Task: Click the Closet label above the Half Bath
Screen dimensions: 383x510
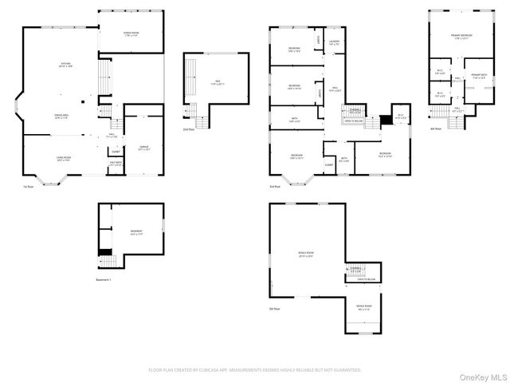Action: coord(116,152)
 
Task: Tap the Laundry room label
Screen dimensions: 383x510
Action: coord(334,43)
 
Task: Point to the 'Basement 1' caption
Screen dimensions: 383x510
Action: coord(104,280)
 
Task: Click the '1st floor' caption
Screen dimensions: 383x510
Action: coord(29,187)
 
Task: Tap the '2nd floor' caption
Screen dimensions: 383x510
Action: coord(188,129)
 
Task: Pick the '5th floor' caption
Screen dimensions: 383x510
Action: coord(275,308)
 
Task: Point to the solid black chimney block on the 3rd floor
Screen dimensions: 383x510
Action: coord(386,120)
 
